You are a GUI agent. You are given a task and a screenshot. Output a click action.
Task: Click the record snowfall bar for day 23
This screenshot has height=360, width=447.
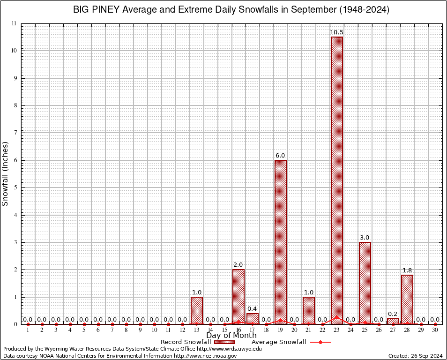coord(336,180)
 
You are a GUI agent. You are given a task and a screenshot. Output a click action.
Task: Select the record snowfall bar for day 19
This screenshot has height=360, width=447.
coord(280,242)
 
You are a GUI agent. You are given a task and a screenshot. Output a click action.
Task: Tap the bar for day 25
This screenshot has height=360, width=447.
coord(365,283)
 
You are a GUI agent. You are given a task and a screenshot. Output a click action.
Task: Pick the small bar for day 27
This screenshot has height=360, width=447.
coord(393,322)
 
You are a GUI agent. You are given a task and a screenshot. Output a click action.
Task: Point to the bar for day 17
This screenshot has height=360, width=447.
coord(253,319)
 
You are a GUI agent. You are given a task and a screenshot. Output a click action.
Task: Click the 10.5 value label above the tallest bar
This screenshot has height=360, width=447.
coord(336,32)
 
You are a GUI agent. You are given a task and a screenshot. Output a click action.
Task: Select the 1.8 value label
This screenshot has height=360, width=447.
coord(407,270)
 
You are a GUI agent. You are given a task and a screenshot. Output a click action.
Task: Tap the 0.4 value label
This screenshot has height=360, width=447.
coord(253,309)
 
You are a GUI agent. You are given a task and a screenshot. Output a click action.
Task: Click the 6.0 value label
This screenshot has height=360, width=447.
coord(280,156)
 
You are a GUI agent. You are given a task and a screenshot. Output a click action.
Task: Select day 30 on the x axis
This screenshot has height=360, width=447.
coord(435,330)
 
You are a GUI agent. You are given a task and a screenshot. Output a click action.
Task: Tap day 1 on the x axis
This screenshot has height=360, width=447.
coord(28,330)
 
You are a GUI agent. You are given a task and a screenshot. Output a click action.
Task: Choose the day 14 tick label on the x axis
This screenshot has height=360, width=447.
coord(210,330)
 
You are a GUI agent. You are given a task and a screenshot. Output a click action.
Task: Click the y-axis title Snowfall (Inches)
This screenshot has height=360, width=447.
coord(6,173)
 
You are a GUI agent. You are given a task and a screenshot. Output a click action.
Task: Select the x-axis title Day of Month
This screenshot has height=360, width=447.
coord(231,336)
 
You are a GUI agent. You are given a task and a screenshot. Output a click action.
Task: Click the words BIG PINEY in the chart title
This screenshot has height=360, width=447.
coord(96,10)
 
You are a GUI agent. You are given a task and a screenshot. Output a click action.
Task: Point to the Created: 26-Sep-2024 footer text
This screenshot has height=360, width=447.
coord(416,356)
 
